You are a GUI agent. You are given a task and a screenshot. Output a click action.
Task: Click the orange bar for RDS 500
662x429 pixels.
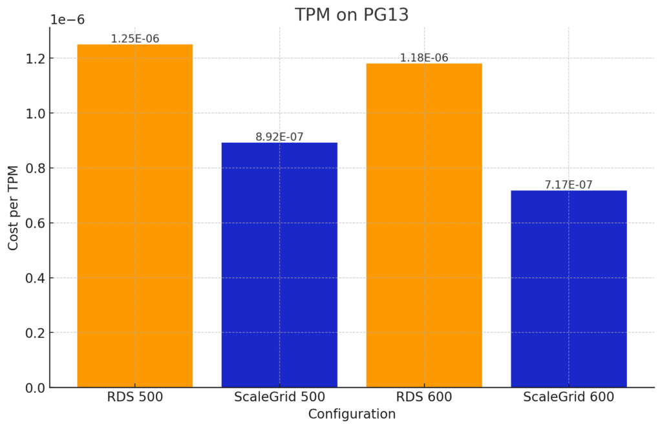(x=134, y=216)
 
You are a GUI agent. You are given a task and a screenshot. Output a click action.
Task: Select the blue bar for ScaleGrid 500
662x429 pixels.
(x=279, y=265)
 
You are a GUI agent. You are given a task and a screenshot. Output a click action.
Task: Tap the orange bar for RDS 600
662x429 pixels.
(x=424, y=225)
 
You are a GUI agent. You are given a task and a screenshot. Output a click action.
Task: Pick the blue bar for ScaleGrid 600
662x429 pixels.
(x=569, y=289)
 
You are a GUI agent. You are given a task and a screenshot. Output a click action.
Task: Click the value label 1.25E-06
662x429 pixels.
(x=134, y=39)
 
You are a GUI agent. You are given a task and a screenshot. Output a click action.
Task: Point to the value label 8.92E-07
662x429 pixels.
(x=279, y=137)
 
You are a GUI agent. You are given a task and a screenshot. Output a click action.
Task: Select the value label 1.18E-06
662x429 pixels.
(x=424, y=58)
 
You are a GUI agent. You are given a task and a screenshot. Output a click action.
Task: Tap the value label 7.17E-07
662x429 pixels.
(x=569, y=185)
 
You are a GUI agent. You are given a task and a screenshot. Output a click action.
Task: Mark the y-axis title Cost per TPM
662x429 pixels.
(x=14, y=207)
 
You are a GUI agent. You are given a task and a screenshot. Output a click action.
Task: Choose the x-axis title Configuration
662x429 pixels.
(x=352, y=414)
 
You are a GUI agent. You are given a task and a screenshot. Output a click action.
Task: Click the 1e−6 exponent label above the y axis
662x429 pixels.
(x=67, y=20)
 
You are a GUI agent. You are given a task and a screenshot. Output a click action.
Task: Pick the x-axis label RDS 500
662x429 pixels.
(x=134, y=397)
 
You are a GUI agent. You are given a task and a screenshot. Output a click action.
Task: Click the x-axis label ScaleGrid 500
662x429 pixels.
(x=279, y=397)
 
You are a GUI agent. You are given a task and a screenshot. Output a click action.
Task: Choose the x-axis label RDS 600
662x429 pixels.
(x=424, y=397)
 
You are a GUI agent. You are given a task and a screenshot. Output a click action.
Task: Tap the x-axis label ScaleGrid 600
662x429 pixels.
(x=569, y=397)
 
